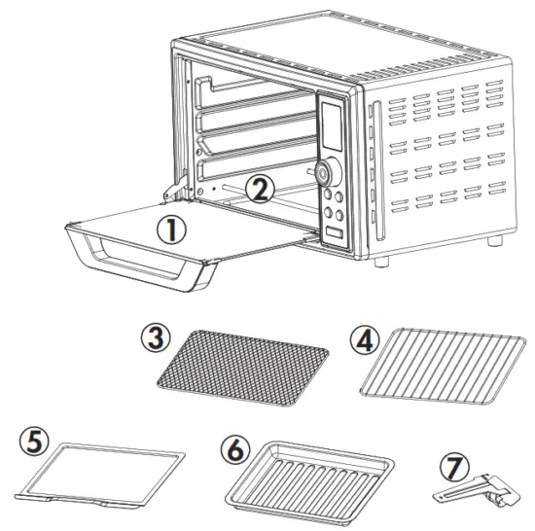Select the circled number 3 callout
click(157, 339)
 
